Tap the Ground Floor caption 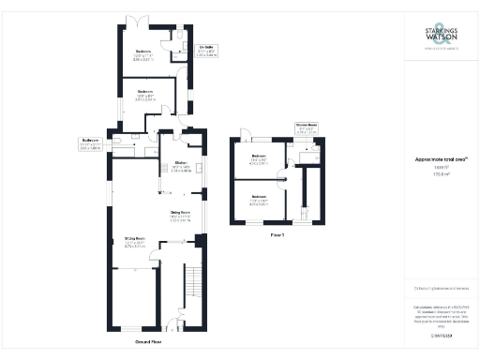[x=150, y=342]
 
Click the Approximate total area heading [x=434, y=159]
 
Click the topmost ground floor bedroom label [x=143, y=53]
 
